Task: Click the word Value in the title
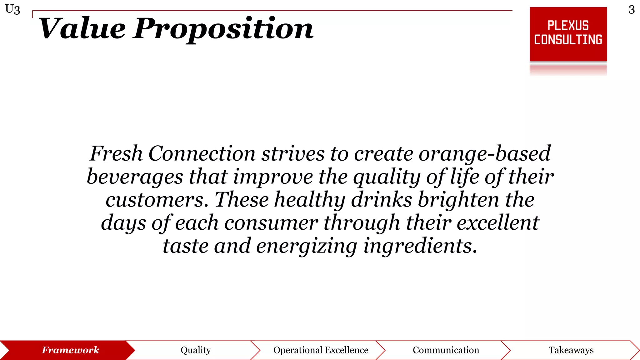82,29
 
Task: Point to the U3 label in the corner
13,9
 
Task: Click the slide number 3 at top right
632,10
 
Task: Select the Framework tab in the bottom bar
71,350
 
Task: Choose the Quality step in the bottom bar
196,350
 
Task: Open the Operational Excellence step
321,350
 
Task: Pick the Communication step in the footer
446,350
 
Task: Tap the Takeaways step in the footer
571,350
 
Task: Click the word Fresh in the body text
116,154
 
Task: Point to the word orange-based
484,154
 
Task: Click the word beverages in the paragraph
135,177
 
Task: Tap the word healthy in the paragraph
310,200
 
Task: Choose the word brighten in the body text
458,200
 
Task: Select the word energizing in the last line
307,246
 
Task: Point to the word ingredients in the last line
420,246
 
